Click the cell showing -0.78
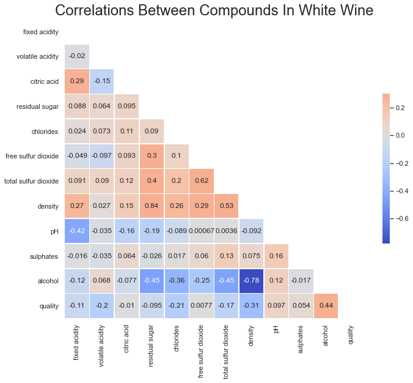click(251, 281)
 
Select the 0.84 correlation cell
click(152, 206)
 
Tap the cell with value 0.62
click(202, 181)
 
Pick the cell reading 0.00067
click(202, 231)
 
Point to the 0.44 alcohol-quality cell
click(326, 306)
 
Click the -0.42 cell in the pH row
click(77, 231)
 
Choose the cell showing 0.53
click(226, 206)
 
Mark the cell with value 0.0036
click(226, 231)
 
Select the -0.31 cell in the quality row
click(251, 306)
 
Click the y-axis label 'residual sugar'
click(38, 106)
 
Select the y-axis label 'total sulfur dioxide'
click(31, 181)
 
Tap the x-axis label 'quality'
click(351, 336)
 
